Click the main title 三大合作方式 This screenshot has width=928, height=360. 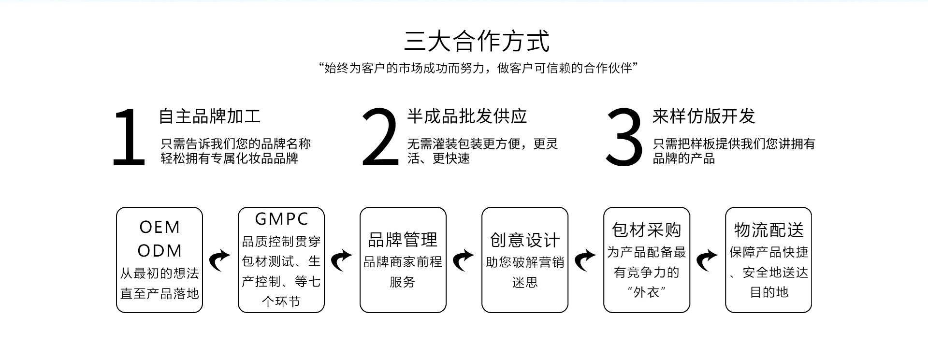point(477,41)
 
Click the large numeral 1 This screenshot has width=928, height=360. point(129,138)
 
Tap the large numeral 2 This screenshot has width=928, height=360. point(380,138)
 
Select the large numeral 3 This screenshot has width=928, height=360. point(624,138)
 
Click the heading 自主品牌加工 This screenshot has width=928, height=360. point(210,116)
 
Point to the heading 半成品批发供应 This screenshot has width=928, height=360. point(467,116)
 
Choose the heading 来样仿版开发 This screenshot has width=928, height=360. point(704,116)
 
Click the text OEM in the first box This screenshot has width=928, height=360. point(159,227)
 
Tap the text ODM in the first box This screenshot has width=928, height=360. point(159,251)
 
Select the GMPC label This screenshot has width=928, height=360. point(281,219)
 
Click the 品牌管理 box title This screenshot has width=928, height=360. point(403,240)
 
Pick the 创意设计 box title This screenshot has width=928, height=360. point(525,240)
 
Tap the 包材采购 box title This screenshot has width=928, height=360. point(647,230)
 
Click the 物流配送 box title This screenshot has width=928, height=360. point(768,230)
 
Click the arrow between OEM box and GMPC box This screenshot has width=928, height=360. point(220,260)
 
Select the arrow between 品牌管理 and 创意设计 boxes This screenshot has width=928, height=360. point(464,260)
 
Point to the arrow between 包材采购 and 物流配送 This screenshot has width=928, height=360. point(707,260)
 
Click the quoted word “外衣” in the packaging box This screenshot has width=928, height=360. point(647,292)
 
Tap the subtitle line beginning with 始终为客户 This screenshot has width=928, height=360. point(478,68)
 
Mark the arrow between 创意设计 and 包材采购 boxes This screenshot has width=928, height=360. point(585,260)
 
